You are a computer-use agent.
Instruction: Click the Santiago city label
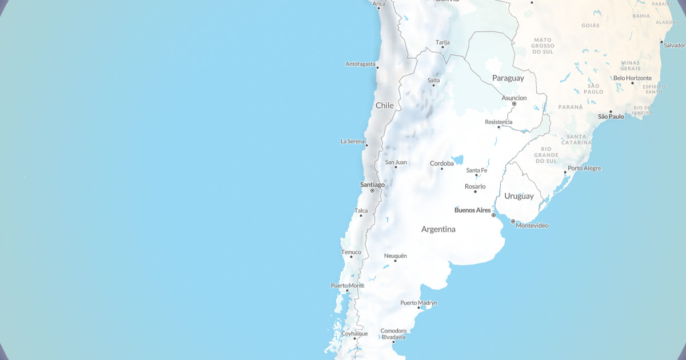372,185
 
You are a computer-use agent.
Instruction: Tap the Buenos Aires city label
472,210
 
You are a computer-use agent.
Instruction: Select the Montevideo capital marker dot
513,221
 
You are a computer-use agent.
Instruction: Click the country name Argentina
438,229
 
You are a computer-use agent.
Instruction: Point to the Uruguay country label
519,196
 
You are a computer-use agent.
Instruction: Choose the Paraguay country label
508,78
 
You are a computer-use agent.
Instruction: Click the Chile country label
385,106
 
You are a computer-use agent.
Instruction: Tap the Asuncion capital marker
514,104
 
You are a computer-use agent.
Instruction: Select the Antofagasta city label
360,64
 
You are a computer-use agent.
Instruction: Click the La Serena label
353,141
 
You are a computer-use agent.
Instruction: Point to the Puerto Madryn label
418,303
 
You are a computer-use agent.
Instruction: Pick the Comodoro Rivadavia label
393,334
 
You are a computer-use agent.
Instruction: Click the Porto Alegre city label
584,169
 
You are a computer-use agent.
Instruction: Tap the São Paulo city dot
611,111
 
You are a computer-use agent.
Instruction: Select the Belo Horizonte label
632,78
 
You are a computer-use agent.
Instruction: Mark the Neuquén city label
396,256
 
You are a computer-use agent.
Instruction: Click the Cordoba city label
442,163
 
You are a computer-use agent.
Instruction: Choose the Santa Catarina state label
577,139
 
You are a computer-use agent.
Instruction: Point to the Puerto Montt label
347,286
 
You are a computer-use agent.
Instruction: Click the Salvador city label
674,45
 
